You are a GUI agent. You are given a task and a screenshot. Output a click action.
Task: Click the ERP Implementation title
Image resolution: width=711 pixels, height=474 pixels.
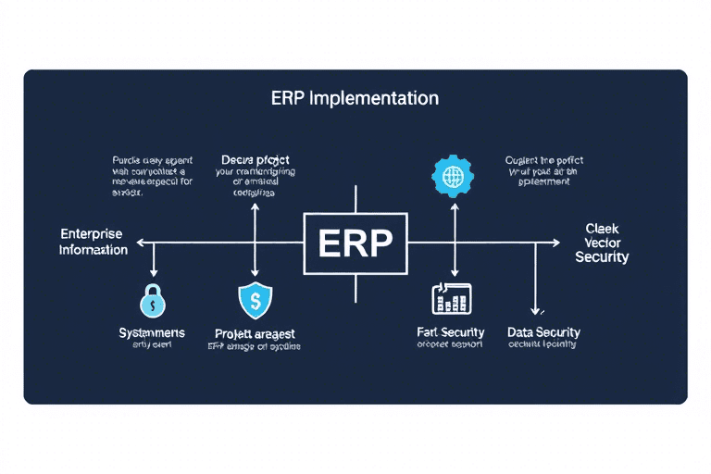[x=355, y=98]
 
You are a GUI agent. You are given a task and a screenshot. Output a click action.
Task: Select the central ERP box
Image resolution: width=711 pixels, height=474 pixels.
[x=355, y=243]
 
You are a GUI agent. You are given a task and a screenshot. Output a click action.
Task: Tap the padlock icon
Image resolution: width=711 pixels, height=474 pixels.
[x=153, y=300]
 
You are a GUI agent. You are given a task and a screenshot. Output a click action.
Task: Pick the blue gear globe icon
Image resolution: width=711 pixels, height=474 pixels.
[x=453, y=176]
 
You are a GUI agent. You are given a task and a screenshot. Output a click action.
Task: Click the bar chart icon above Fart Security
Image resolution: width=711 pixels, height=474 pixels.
[x=452, y=298]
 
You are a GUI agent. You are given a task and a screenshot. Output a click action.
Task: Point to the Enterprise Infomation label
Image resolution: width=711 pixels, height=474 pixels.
[x=94, y=243]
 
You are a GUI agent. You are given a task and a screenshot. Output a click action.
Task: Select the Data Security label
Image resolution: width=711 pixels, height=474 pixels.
[x=543, y=331]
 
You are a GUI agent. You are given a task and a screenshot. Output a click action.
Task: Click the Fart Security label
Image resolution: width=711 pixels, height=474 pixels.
[x=452, y=331]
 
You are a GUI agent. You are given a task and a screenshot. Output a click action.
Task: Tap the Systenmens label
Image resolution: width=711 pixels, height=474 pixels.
[x=152, y=332]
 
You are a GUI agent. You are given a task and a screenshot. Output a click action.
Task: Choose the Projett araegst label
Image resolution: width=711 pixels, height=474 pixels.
[x=255, y=332]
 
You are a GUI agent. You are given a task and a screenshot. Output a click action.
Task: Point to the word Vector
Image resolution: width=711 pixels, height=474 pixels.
[x=602, y=243]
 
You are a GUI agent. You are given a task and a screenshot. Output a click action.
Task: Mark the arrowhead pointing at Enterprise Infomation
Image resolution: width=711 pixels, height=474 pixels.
[x=141, y=243]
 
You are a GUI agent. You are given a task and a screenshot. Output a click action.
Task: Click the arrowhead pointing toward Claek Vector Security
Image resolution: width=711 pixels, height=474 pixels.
[x=555, y=243]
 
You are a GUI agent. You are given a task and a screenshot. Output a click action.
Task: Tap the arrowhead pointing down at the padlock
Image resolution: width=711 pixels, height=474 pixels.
[x=154, y=272]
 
